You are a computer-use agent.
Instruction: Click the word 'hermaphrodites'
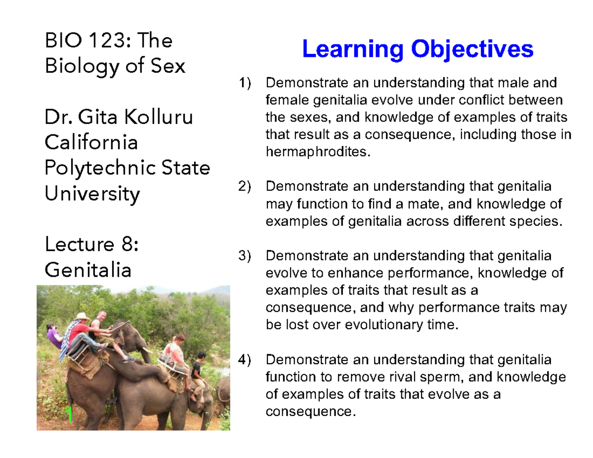317,152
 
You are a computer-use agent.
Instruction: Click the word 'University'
92,194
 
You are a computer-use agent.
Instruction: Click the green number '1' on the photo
70,416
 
